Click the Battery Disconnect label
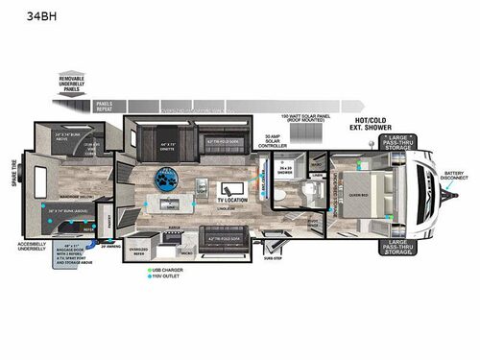point(454,177)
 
